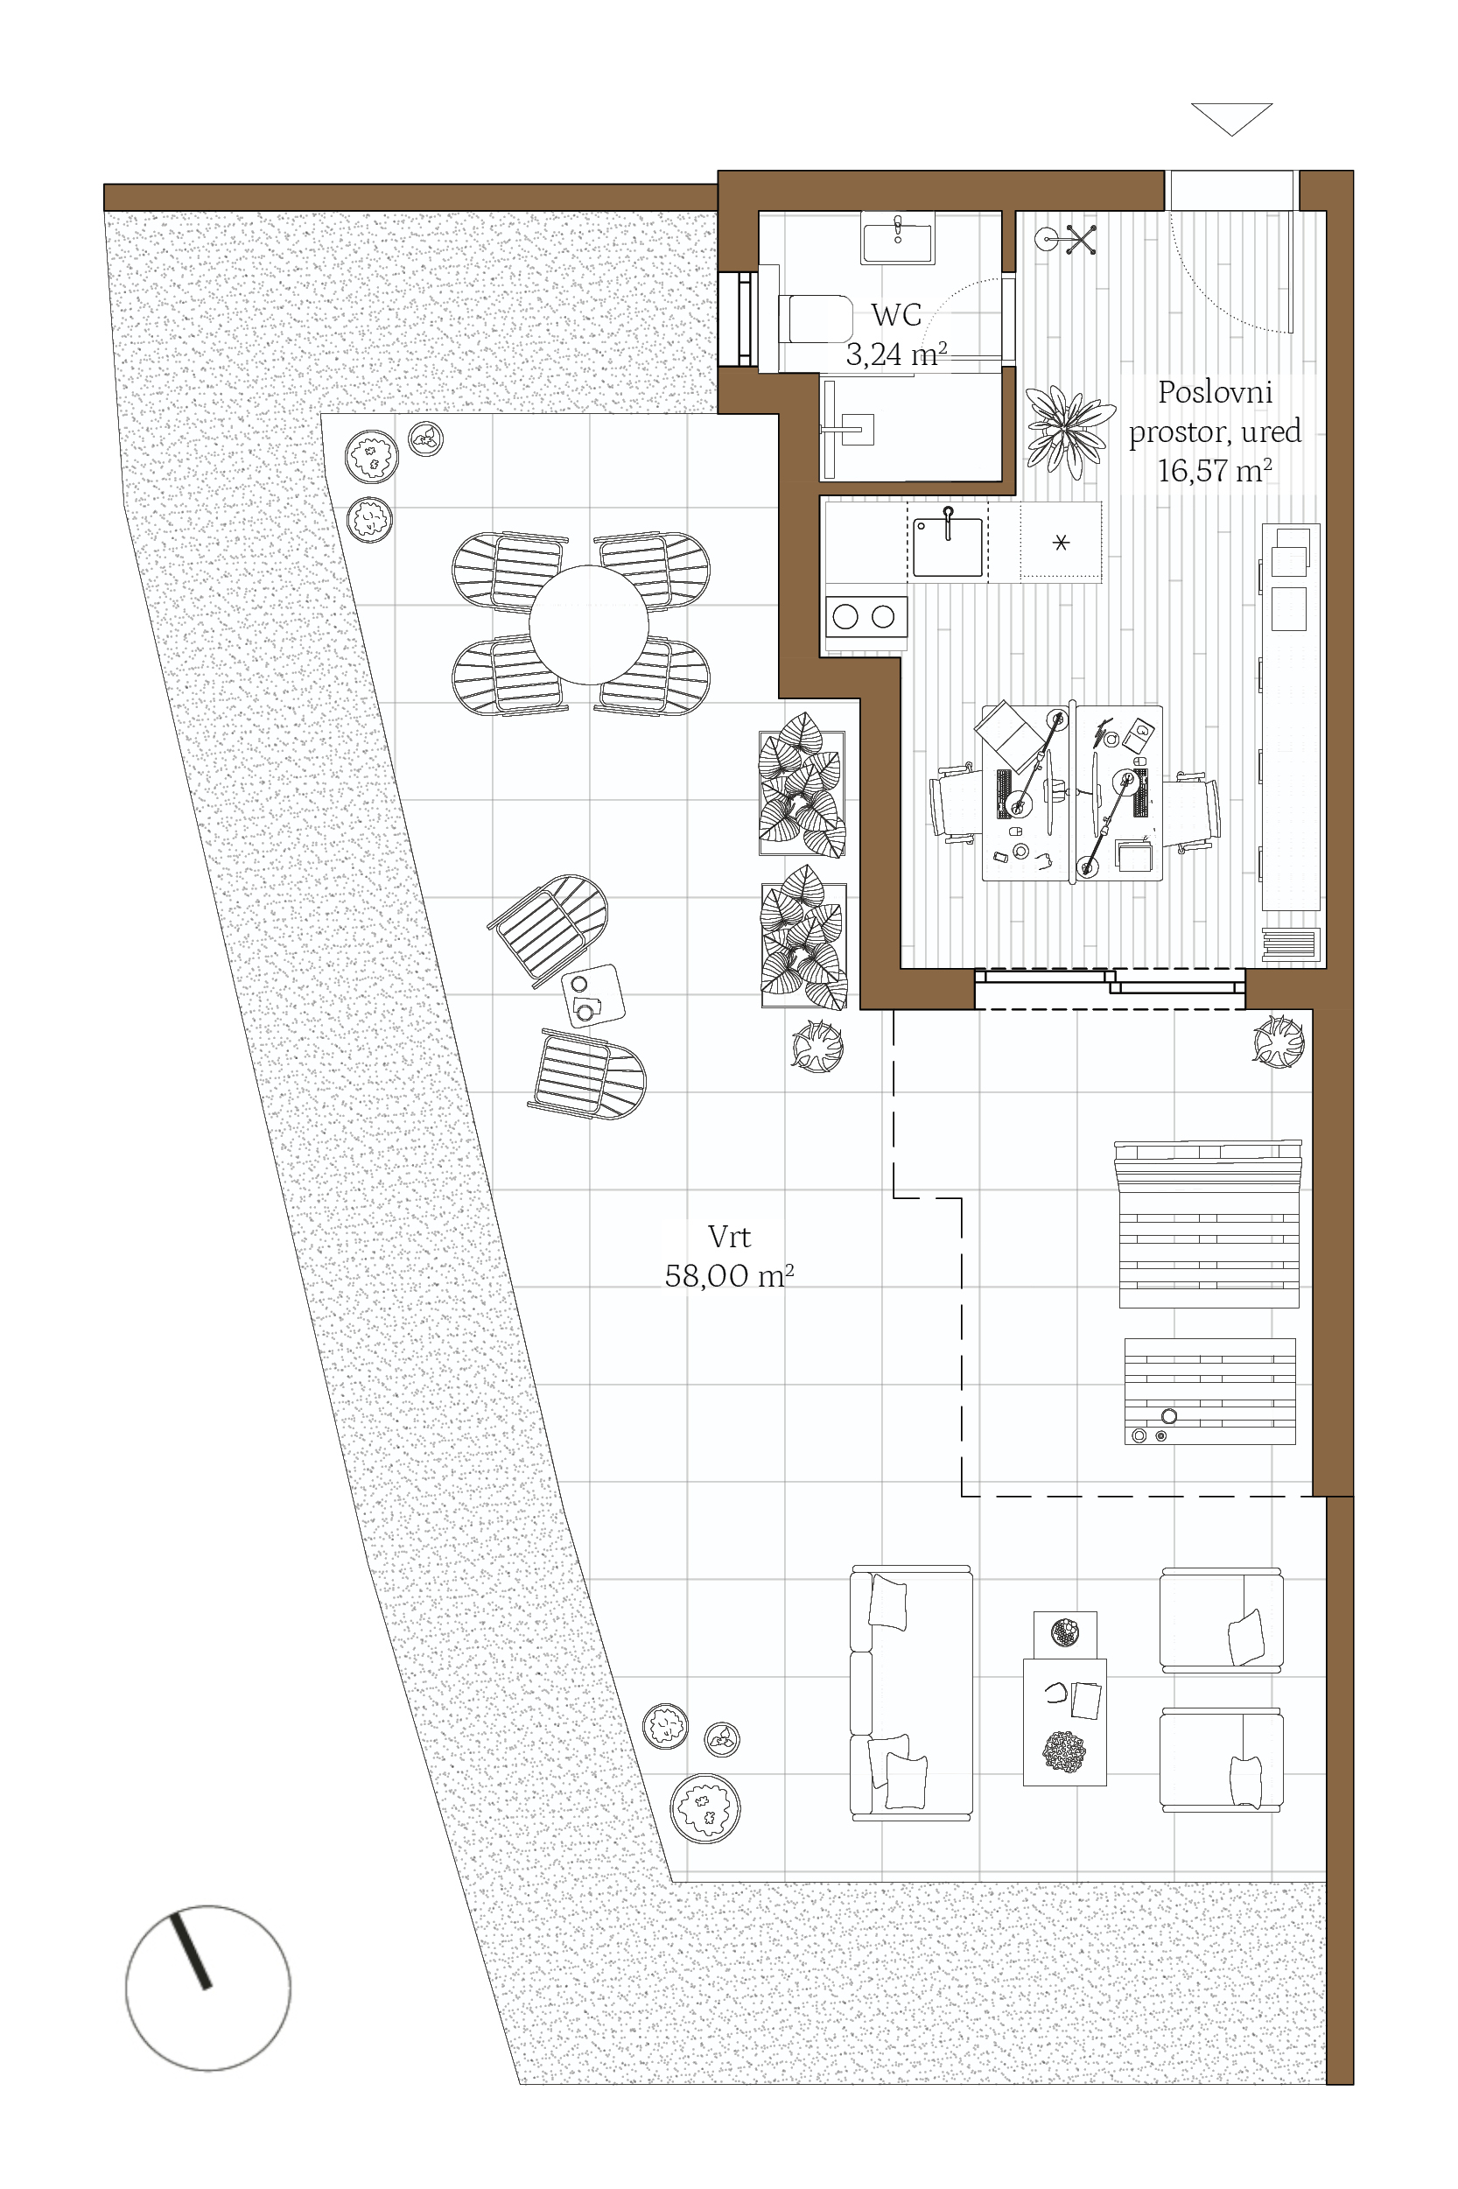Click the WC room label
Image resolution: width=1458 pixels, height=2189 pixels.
click(896, 315)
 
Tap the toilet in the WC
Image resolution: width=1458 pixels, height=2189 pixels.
click(815, 319)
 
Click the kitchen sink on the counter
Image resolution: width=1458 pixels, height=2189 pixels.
click(948, 547)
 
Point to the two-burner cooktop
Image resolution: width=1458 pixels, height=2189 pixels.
click(866, 616)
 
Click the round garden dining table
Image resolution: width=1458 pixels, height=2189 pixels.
click(589, 624)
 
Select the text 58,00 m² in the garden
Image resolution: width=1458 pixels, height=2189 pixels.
click(729, 1276)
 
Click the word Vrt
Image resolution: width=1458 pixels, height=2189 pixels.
click(729, 1237)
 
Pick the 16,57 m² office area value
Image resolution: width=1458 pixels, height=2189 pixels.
click(1215, 471)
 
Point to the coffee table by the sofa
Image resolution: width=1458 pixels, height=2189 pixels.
click(1066, 1722)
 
